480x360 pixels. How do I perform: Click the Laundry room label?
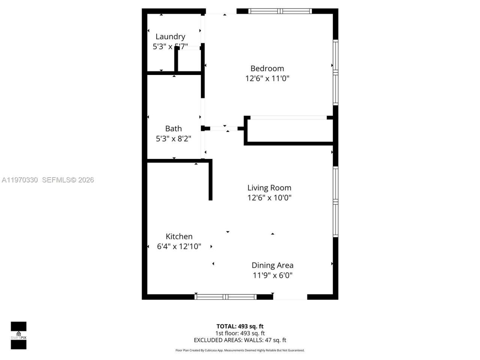pyautogui.click(x=170, y=36)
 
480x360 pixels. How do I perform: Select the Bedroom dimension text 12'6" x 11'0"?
pyautogui.click(x=267, y=78)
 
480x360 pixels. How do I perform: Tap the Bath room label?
pyautogui.click(x=173, y=128)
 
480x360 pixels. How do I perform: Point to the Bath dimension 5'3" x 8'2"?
pyautogui.click(x=173, y=139)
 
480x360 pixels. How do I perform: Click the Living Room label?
pyautogui.click(x=269, y=187)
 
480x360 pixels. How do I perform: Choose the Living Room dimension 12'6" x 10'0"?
pyautogui.click(x=269, y=198)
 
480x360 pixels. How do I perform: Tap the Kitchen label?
pyautogui.click(x=179, y=236)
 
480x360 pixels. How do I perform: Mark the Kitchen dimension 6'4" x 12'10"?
pyautogui.click(x=179, y=246)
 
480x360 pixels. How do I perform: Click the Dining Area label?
pyautogui.click(x=272, y=265)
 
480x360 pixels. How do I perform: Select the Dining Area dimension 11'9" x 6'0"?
pyautogui.click(x=272, y=275)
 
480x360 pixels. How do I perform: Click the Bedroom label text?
pyautogui.click(x=267, y=68)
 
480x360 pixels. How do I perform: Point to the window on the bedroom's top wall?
pyautogui.click(x=280, y=11)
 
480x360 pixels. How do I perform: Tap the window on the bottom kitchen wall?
pyautogui.click(x=226, y=297)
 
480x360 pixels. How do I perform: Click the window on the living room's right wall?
pyautogui.click(x=336, y=202)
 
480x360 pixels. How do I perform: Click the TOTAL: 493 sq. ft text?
pyautogui.click(x=240, y=326)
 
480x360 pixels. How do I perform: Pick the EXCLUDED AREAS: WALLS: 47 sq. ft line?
pyautogui.click(x=240, y=340)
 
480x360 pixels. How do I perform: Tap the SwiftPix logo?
pyautogui.click(x=18, y=335)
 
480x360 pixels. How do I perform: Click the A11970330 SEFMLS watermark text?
pyautogui.click(x=48, y=180)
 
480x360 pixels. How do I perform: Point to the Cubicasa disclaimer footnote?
pyautogui.click(x=240, y=350)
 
